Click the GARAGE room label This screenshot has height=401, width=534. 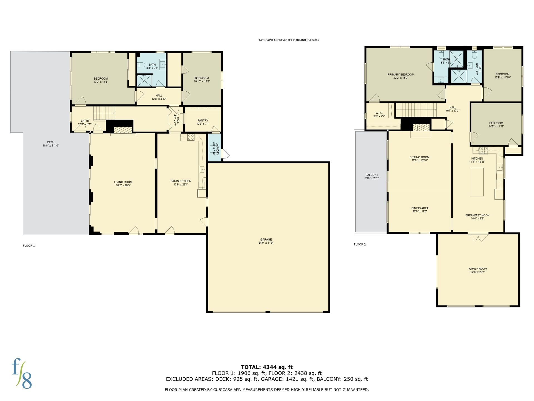(x=266, y=239)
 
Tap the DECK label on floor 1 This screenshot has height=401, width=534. (x=51, y=142)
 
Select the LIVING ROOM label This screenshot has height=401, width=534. (x=123, y=182)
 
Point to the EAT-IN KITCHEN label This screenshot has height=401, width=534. (x=181, y=181)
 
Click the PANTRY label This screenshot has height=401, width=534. (x=203, y=121)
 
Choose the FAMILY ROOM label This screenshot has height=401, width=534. (x=478, y=269)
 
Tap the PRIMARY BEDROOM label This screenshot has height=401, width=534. (x=401, y=75)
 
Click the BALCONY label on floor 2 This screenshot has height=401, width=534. (x=372, y=175)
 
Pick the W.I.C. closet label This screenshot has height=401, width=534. (x=379, y=113)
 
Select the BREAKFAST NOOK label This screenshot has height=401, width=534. (x=477, y=216)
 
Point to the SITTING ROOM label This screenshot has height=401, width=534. (x=419, y=157)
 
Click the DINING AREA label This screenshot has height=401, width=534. (x=420, y=208)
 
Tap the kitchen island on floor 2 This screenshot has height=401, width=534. (x=477, y=182)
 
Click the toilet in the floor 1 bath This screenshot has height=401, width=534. (x=140, y=65)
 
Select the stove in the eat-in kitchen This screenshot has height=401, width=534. (x=191, y=137)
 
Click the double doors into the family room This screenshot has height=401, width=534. (x=478, y=237)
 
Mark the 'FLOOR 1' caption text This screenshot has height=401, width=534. (x=29, y=246)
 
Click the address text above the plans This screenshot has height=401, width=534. (x=289, y=40)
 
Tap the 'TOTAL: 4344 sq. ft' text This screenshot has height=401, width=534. (x=267, y=367)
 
